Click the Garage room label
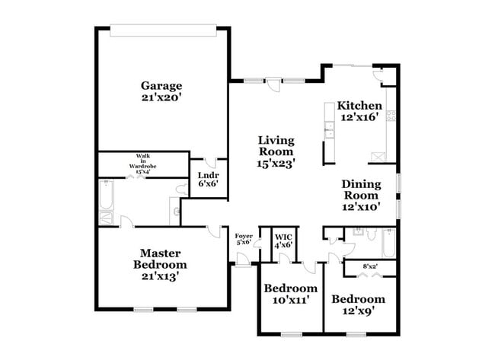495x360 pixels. coord(161,85)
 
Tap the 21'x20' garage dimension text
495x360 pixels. coord(161,97)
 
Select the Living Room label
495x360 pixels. coord(276,146)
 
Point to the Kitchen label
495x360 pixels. coord(359,105)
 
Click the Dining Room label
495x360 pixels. coord(362,190)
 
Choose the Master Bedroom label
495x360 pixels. coord(160,259)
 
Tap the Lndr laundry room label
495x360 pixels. coord(209,175)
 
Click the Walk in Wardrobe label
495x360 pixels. coord(142,161)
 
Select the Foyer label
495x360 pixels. coord(244,236)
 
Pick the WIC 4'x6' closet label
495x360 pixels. coord(283,241)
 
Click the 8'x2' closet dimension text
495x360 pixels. coord(370,266)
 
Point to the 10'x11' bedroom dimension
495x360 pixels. coord(290,300)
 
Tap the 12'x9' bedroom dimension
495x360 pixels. coord(359,311)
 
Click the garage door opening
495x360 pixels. coord(163,30)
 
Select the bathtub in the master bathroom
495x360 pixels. coord(106,195)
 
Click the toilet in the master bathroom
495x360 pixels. coord(182,190)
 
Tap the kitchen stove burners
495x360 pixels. coord(391,116)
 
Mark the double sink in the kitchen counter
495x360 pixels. coord(330,129)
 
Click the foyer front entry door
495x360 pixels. coord(243,260)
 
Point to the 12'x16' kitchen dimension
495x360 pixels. coord(359,117)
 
